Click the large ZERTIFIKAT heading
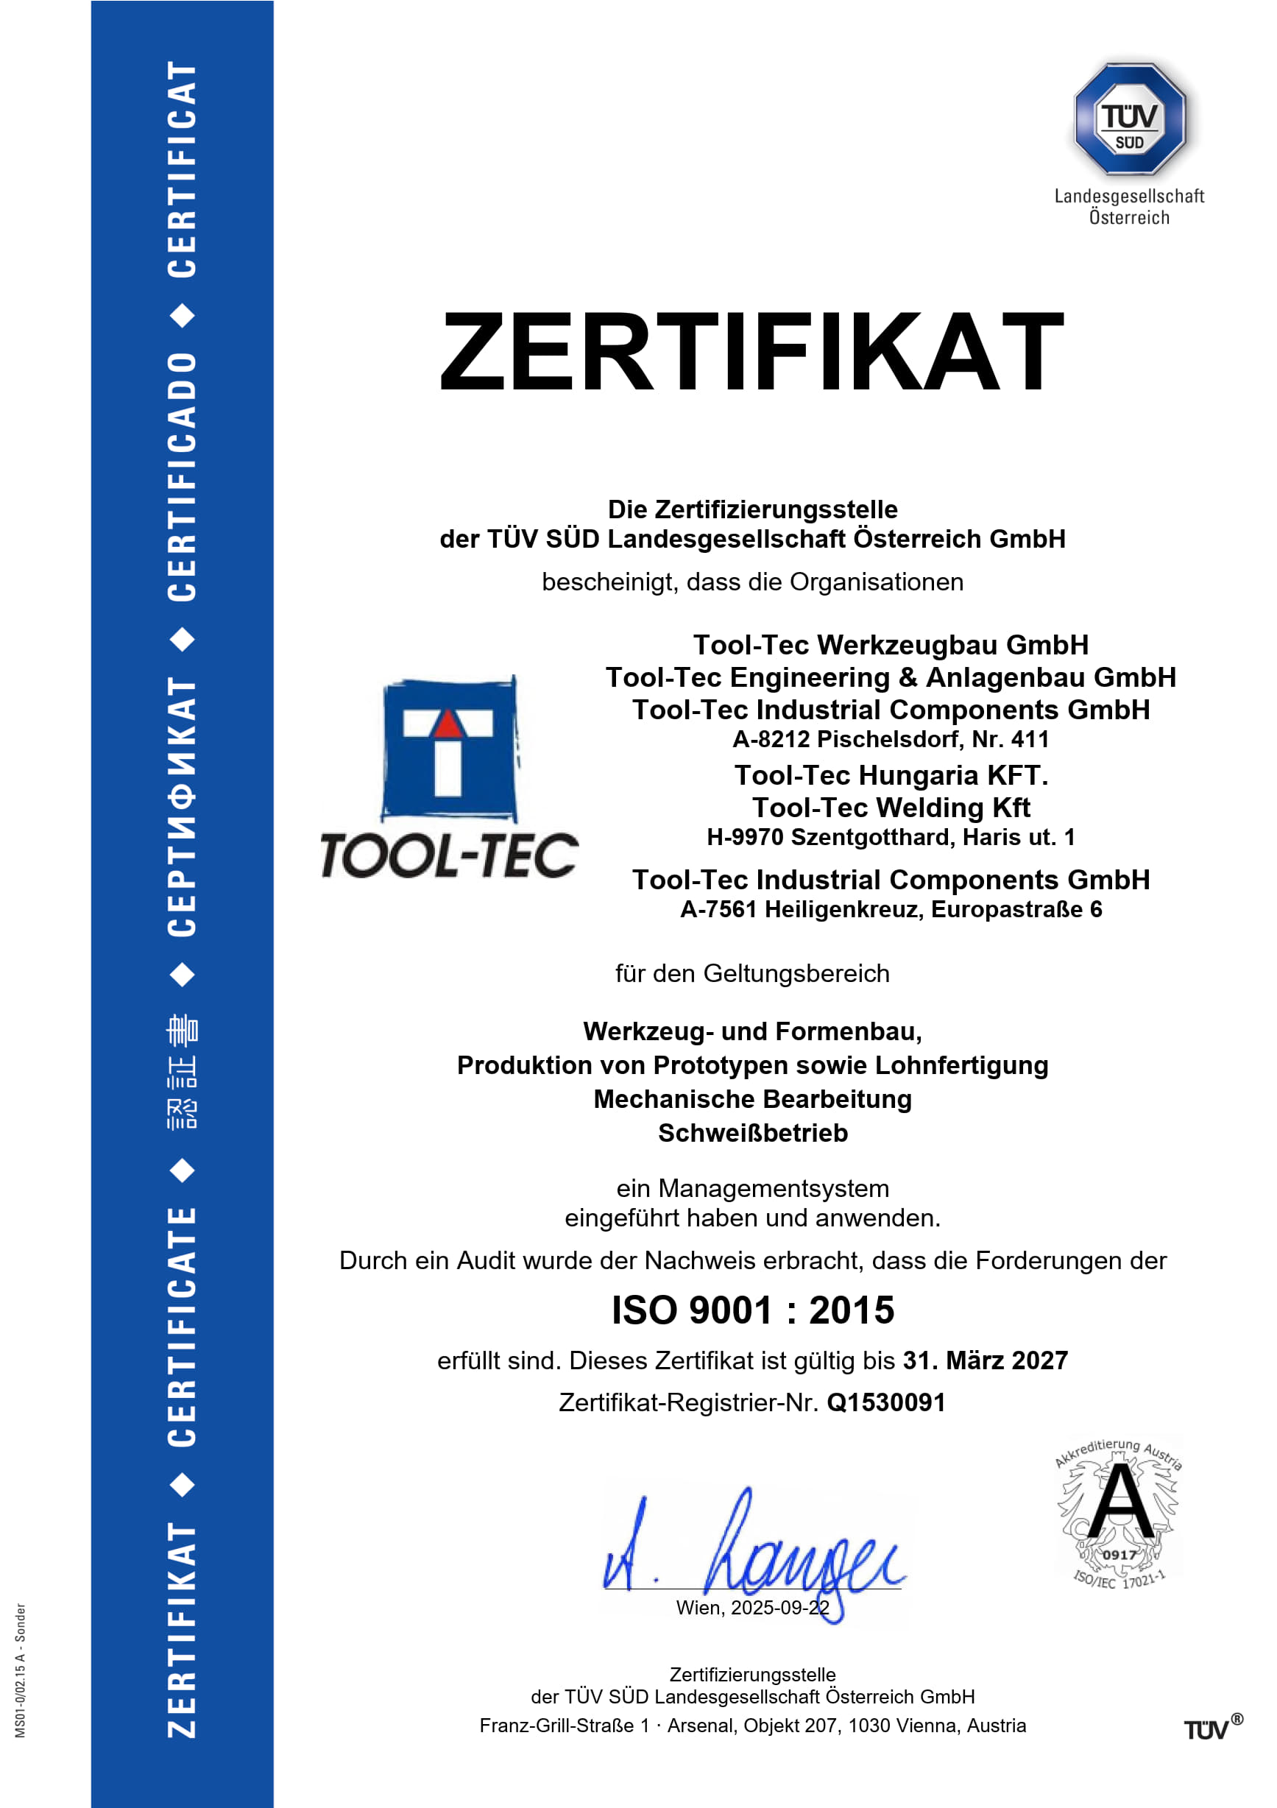[x=752, y=351]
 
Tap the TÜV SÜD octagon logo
[x=1130, y=119]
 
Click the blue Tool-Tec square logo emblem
[x=449, y=749]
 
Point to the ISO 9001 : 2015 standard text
[x=753, y=1311]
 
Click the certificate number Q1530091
[x=885, y=1402]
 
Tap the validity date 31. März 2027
[x=985, y=1360]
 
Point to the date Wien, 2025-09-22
[x=753, y=1608]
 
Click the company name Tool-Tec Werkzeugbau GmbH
[x=891, y=645]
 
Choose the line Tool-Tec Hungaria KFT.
[x=891, y=776]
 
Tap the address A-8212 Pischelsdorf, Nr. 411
[x=891, y=739]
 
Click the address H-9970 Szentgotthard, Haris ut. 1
[x=891, y=837]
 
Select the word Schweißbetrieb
[x=753, y=1133]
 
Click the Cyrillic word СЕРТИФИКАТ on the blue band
[x=182, y=807]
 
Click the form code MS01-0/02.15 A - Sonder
[x=21, y=1670]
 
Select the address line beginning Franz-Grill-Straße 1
[x=753, y=1726]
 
